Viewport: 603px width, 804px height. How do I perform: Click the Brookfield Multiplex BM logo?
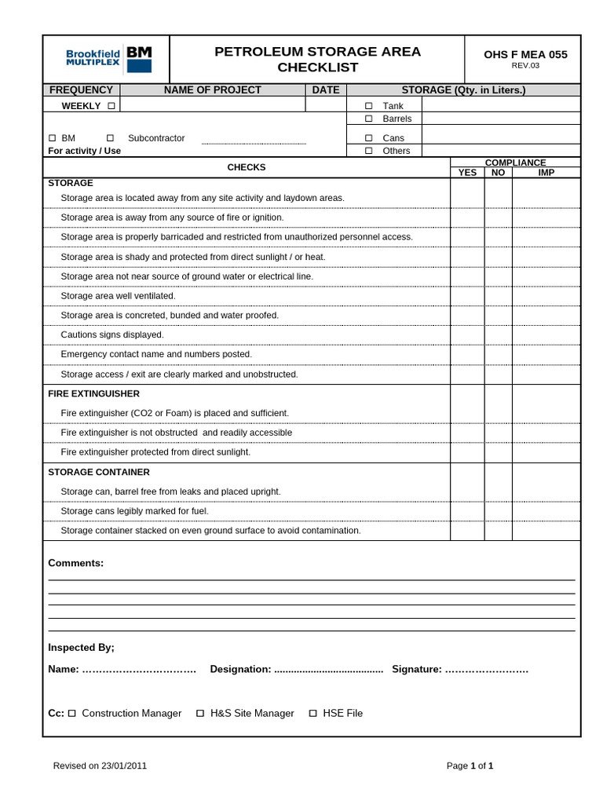[x=109, y=59]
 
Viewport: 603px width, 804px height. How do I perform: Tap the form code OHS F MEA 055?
[x=524, y=54]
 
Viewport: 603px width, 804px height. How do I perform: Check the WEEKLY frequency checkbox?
[x=111, y=105]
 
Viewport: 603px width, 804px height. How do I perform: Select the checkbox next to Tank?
[x=368, y=106]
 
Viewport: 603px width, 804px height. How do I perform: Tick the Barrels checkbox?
[x=368, y=119]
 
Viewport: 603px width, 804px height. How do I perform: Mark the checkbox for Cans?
[x=368, y=138]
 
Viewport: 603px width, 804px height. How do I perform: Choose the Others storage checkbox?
[x=368, y=151]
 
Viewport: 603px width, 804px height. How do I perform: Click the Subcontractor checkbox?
[x=110, y=138]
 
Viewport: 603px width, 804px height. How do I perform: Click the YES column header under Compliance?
[x=467, y=172]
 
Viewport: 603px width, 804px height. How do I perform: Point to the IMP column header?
[x=546, y=172]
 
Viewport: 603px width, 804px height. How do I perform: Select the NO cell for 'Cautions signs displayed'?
[x=498, y=334]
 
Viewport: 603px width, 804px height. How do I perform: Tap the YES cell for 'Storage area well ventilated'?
[x=467, y=296]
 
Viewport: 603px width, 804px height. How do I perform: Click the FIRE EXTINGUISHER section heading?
[x=93, y=393]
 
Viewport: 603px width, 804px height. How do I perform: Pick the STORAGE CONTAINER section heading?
[x=99, y=472]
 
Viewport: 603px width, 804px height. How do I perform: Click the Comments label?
[x=75, y=563]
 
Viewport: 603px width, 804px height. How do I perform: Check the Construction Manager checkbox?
[x=72, y=713]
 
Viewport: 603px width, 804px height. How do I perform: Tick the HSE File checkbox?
[x=313, y=713]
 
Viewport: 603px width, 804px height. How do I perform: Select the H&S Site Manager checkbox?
[x=200, y=713]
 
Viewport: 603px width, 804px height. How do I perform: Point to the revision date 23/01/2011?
[x=124, y=766]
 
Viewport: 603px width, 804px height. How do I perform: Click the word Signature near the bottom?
[x=415, y=669]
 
